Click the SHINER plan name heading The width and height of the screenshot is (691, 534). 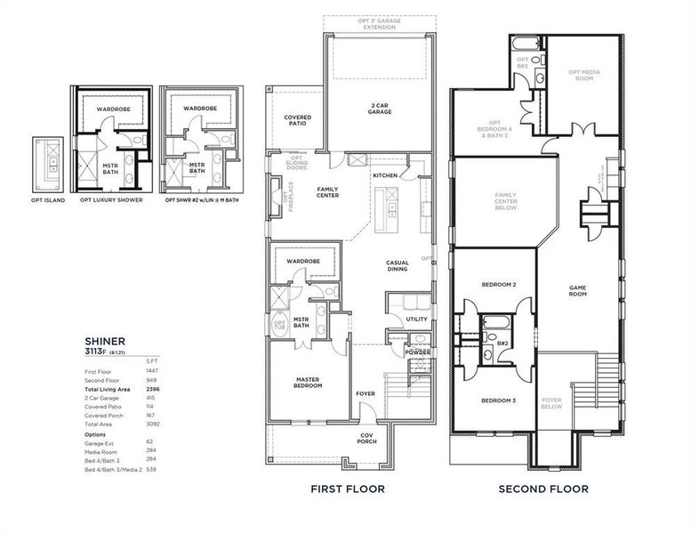tap(105, 339)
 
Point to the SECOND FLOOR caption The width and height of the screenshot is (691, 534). tap(542, 489)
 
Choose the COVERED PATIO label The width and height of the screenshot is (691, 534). tap(297, 121)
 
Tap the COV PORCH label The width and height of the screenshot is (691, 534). tap(366, 437)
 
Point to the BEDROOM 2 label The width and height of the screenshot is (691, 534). tap(499, 285)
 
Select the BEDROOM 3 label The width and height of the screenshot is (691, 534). tap(499, 400)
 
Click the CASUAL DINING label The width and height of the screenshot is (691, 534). tap(397, 266)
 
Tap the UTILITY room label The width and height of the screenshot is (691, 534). tap(416, 319)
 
